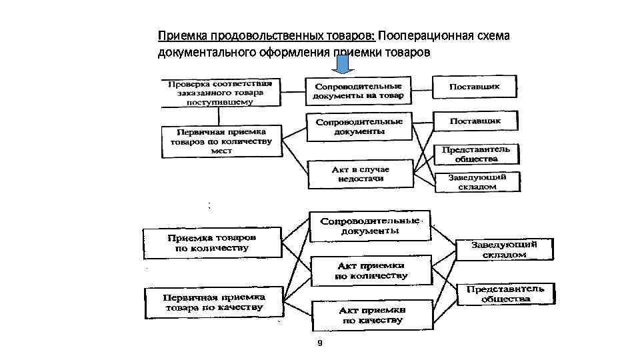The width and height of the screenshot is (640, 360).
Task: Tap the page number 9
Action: coord(320,343)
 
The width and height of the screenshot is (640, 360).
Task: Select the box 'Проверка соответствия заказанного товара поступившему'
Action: coord(220,93)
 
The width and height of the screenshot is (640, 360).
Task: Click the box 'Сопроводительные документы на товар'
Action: coord(358,91)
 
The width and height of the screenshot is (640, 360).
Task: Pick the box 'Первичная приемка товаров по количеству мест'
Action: coord(221,141)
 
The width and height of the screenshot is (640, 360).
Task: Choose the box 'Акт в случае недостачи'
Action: coord(360,175)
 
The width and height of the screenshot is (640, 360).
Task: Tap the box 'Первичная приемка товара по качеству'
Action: coord(214,303)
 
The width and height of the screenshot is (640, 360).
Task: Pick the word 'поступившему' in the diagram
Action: coord(220,103)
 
